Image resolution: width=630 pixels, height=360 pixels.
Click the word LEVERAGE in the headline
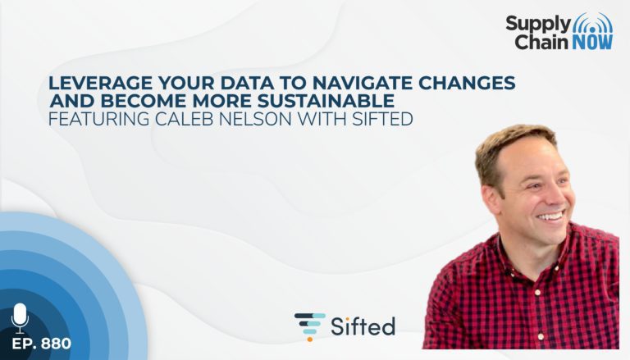click(100, 83)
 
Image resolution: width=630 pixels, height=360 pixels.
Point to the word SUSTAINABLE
click(326, 100)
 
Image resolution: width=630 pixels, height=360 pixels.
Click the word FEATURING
click(99, 119)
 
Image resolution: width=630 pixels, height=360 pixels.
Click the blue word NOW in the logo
click(592, 42)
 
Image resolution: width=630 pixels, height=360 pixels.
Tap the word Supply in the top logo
click(537, 24)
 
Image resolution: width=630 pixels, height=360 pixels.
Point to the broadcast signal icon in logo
click(592, 23)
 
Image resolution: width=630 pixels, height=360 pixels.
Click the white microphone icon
click(20, 318)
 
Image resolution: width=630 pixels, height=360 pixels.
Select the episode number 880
click(56, 344)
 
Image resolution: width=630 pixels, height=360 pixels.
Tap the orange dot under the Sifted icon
click(309, 339)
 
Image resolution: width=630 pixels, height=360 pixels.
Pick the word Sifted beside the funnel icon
click(363, 326)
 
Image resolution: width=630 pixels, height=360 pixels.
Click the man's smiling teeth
click(551, 217)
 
